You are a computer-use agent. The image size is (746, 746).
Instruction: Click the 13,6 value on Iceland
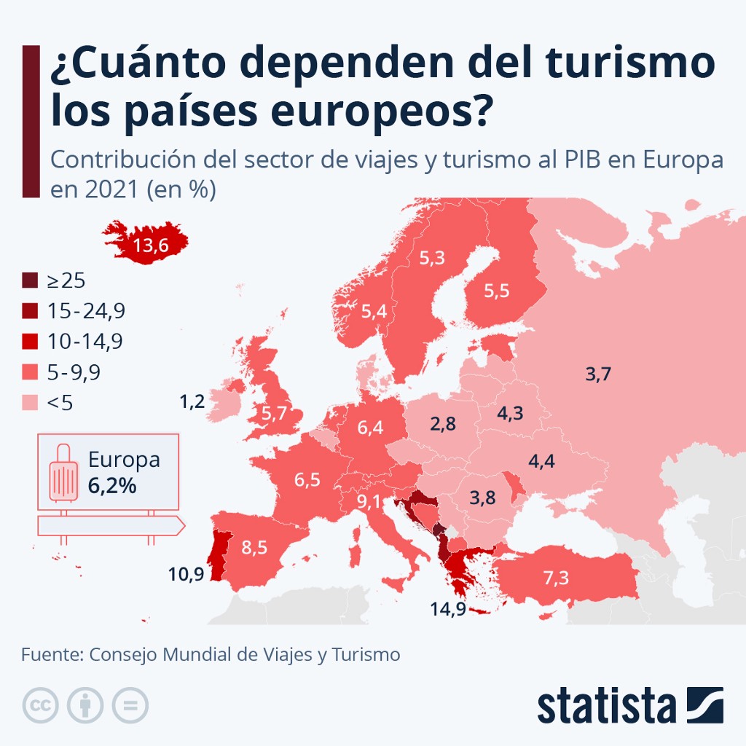click(152, 246)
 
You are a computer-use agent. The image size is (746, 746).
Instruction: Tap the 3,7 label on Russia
click(597, 375)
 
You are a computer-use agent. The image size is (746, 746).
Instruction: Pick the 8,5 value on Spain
click(254, 548)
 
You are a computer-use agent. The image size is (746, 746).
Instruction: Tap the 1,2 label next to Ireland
click(192, 401)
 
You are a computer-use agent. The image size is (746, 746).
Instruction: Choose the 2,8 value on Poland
click(443, 424)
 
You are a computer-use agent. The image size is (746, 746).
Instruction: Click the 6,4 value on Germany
click(370, 428)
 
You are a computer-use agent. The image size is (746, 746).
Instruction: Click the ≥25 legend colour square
click(29, 280)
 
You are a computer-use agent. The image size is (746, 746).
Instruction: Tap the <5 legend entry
click(60, 403)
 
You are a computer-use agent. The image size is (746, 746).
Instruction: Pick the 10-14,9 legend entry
click(85, 342)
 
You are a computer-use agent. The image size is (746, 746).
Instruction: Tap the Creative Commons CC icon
click(41, 704)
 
